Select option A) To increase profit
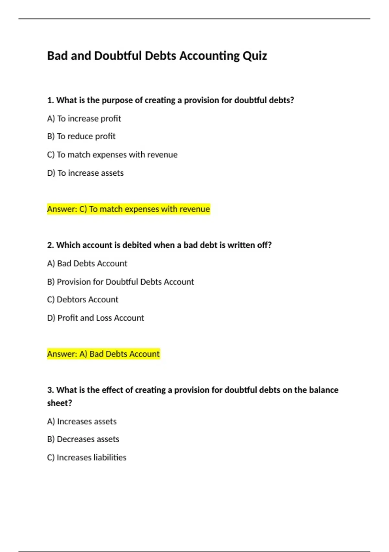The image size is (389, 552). click(84, 119)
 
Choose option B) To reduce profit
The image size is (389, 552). click(81, 136)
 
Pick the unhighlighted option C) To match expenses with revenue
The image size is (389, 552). click(112, 155)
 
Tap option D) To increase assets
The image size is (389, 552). click(85, 173)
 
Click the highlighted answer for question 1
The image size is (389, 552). click(128, 209)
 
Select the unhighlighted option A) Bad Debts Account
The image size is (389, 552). click(87, 263)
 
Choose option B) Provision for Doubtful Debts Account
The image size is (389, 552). click(120, 282)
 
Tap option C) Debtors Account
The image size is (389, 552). click(83, 299)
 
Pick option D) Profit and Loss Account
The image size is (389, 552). click(95, 318)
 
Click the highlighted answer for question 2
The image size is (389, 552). click(103, 354)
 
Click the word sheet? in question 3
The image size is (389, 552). click(60, 403)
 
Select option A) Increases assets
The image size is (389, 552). click(82, 421)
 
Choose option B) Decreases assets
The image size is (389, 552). click(83, 439)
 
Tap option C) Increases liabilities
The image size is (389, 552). click(87, 458)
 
